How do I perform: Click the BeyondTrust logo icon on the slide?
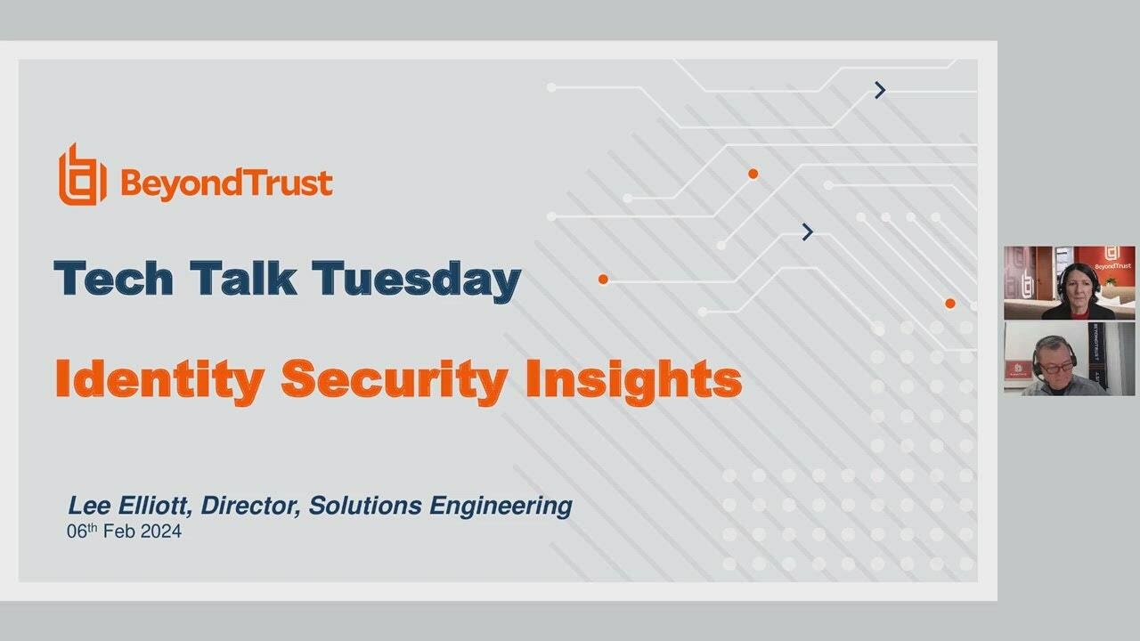pos(82,175)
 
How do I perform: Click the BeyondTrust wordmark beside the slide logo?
pos(225,183)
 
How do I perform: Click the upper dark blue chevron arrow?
pos(880,90)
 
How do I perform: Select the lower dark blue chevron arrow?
pos(807,232)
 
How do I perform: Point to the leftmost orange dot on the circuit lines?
pos(603,280)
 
